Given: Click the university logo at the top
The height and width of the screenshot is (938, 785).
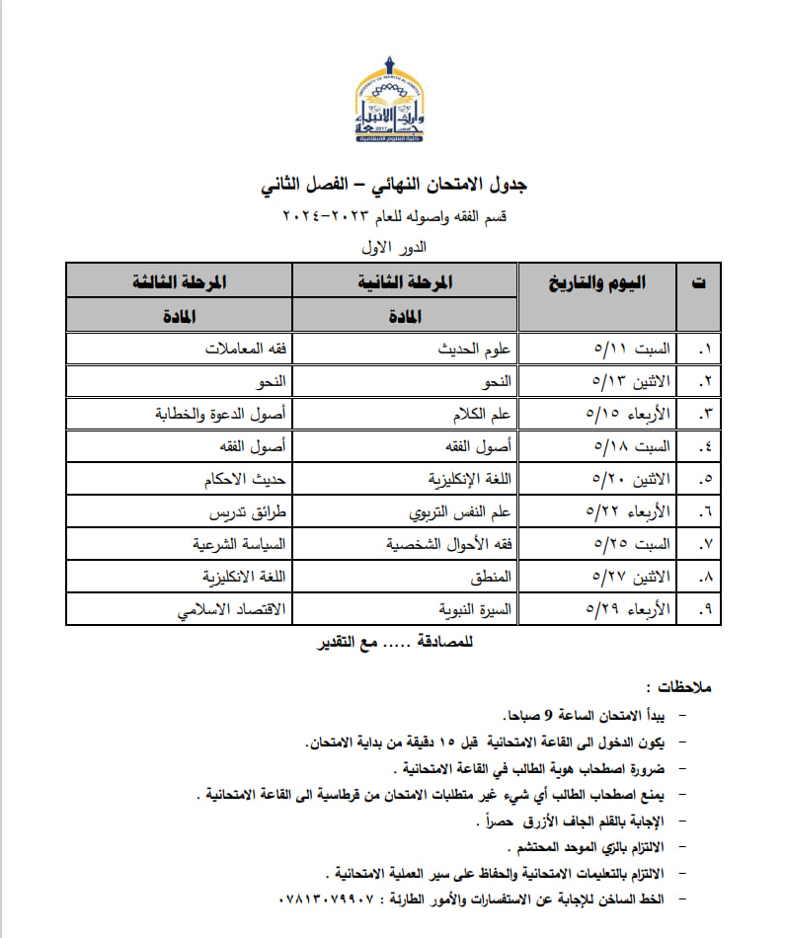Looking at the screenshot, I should pos(393,100).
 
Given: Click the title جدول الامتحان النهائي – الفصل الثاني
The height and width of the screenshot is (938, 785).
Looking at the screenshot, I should pos(393,185).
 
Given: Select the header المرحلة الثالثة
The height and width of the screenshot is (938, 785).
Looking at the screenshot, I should pos(179,281).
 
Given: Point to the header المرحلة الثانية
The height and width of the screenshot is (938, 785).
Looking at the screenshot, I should pos(406,281).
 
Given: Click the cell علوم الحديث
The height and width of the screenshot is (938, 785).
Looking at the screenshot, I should pos(474,349).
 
